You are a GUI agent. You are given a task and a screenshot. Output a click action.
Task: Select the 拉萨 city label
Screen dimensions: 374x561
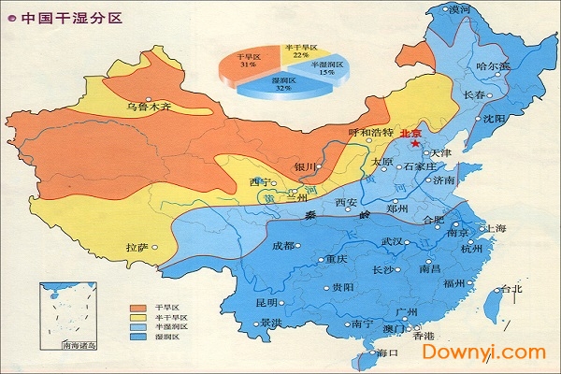[137, 248]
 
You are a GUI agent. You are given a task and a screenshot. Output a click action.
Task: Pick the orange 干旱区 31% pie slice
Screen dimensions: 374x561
[247, 62]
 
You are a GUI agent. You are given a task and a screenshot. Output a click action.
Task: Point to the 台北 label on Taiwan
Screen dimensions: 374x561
[512, 289]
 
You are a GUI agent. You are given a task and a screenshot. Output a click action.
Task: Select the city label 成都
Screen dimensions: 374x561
[282, 246]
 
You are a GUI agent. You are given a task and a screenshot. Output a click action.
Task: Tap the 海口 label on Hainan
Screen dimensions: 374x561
[387, 352]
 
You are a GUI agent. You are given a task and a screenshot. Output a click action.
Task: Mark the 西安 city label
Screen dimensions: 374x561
[346, 202]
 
